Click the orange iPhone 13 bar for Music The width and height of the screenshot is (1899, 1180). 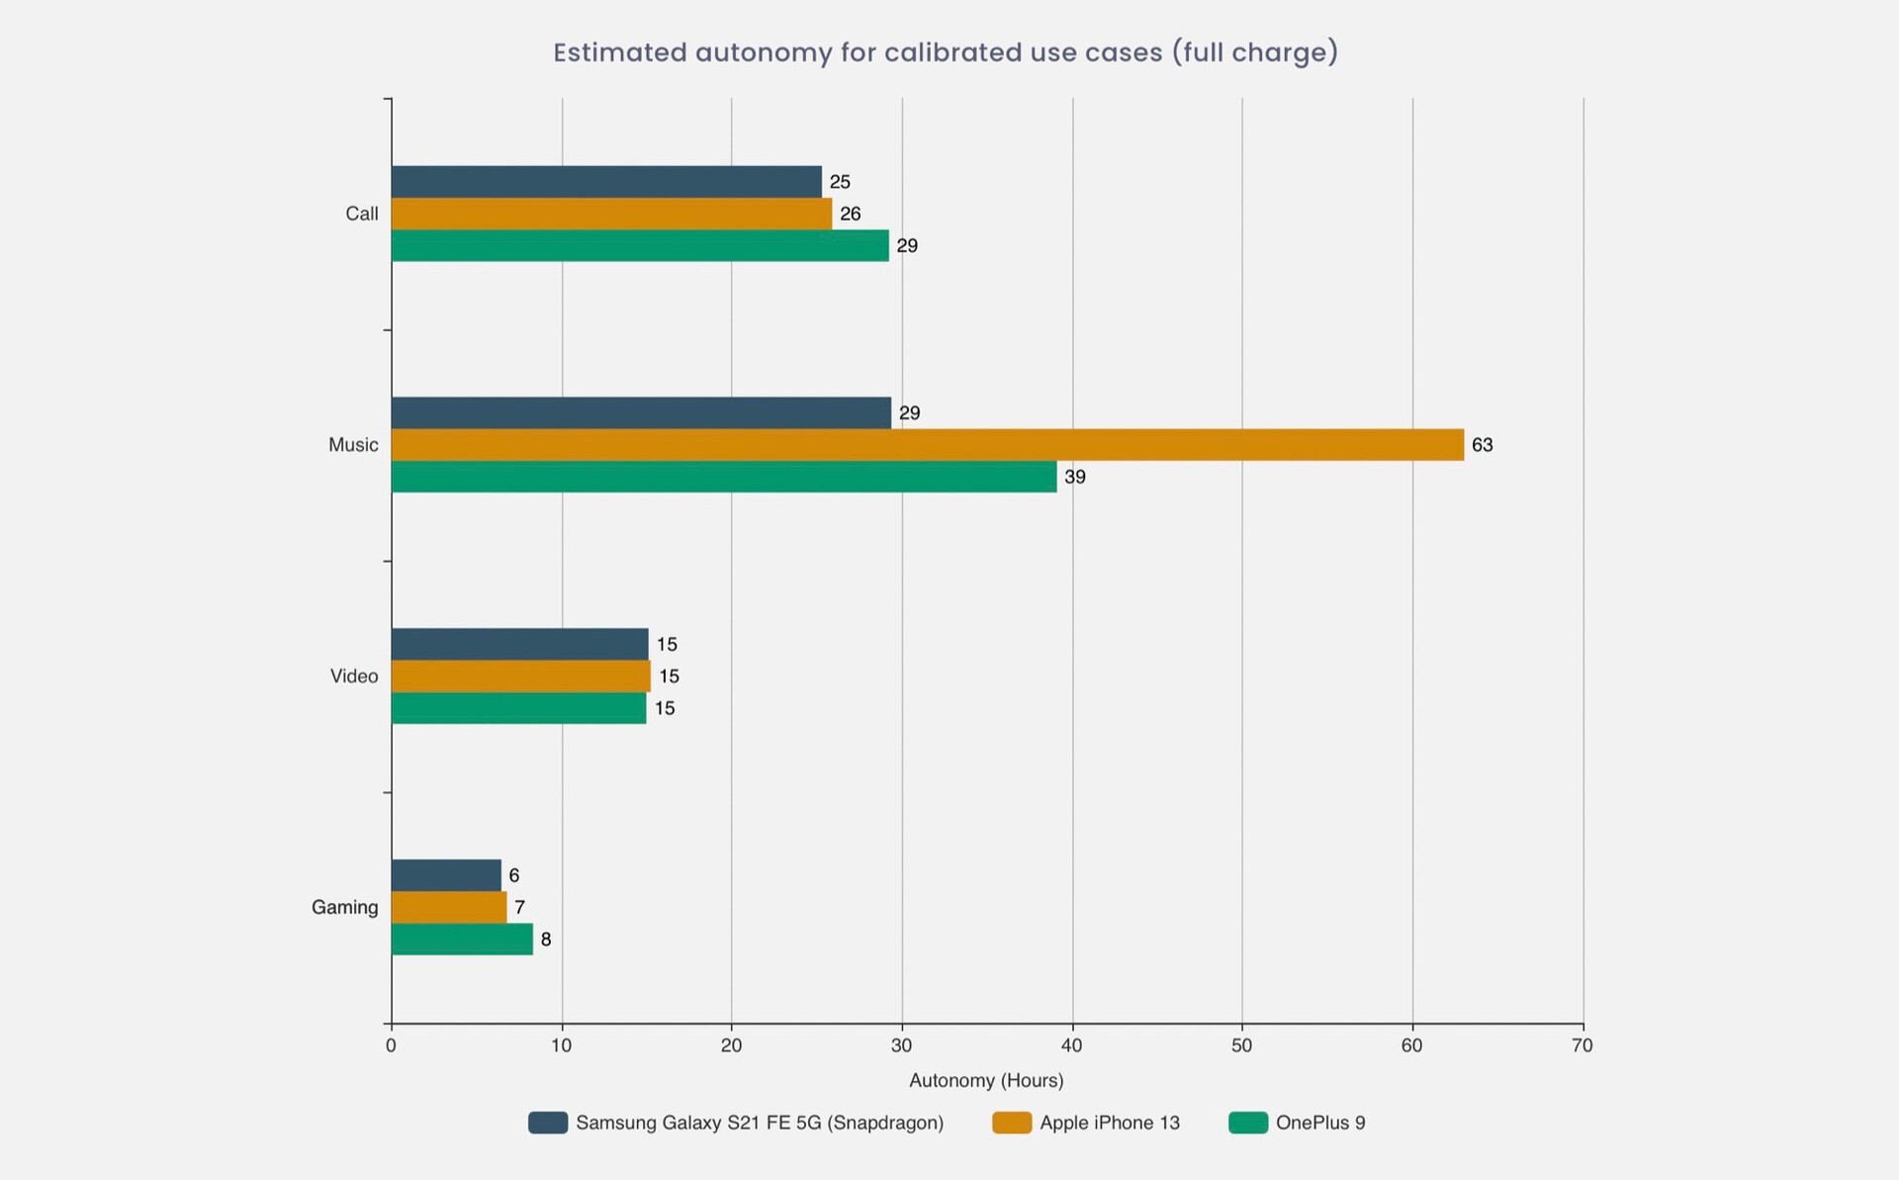927,445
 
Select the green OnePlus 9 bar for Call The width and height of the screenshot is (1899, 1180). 640,245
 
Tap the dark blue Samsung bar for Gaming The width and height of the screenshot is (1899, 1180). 446,875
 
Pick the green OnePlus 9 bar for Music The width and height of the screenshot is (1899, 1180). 724,477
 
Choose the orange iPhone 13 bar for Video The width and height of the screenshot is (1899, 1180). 520,677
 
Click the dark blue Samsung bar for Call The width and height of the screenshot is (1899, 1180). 606,182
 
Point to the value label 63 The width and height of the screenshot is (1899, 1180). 1482,445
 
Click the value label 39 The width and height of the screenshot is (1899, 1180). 1075,477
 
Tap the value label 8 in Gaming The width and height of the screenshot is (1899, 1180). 546,940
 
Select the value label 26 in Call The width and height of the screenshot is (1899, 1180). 851,214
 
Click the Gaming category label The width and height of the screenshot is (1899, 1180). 344,907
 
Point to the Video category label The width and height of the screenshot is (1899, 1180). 354,677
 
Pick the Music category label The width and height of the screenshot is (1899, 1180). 353,445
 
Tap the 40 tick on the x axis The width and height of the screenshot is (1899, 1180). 1071,1045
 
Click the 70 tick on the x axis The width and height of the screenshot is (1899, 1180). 1582,1045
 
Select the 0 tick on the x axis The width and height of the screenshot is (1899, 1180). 392,1045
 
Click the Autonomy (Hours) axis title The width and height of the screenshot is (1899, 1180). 986,1080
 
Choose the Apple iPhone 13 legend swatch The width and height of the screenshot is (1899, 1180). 1011,1123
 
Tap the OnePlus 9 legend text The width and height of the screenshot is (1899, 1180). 1320,1123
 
